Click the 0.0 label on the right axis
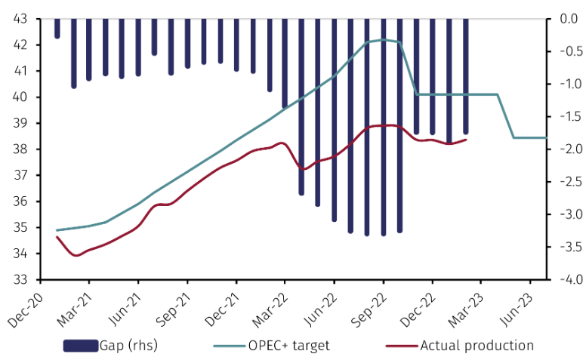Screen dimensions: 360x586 tap(566, 19)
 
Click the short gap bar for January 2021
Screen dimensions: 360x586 tap(57, 28)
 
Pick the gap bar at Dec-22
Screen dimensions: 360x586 tap(433, 76)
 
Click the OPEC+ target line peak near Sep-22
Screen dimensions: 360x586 tap(384, 40)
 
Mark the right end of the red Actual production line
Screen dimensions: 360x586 tap(466, 139)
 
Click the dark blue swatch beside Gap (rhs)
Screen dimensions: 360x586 tap(81, 346)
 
